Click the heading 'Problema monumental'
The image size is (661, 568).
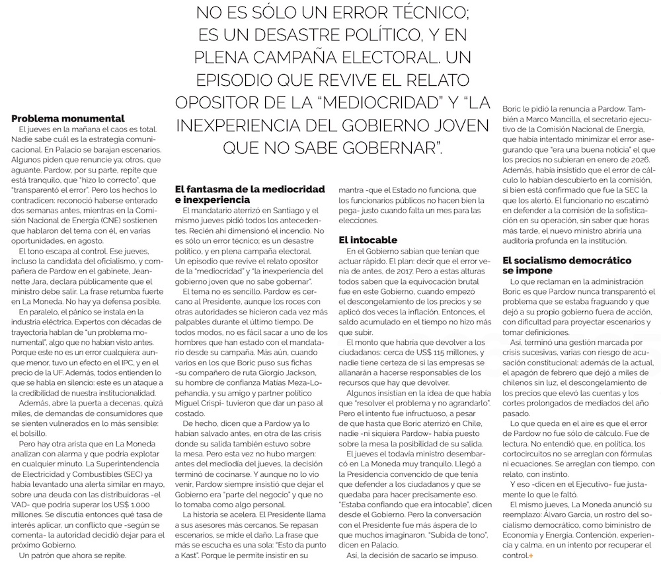(68, 118)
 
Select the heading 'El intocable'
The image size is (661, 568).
(368, 240)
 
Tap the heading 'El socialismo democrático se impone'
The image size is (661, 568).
(566, 266)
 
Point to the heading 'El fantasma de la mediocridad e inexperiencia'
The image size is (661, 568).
(249, 194)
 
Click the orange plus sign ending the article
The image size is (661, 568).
(529, 557)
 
